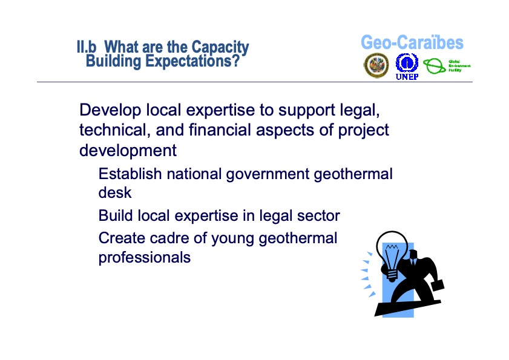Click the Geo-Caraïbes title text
point(412,43)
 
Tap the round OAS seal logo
point(376,65)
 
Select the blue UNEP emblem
point(407,64)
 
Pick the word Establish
point(130,175)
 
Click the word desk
point(114,194)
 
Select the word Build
point(116,216)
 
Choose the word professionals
point(144,258)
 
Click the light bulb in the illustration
point(391,252)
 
